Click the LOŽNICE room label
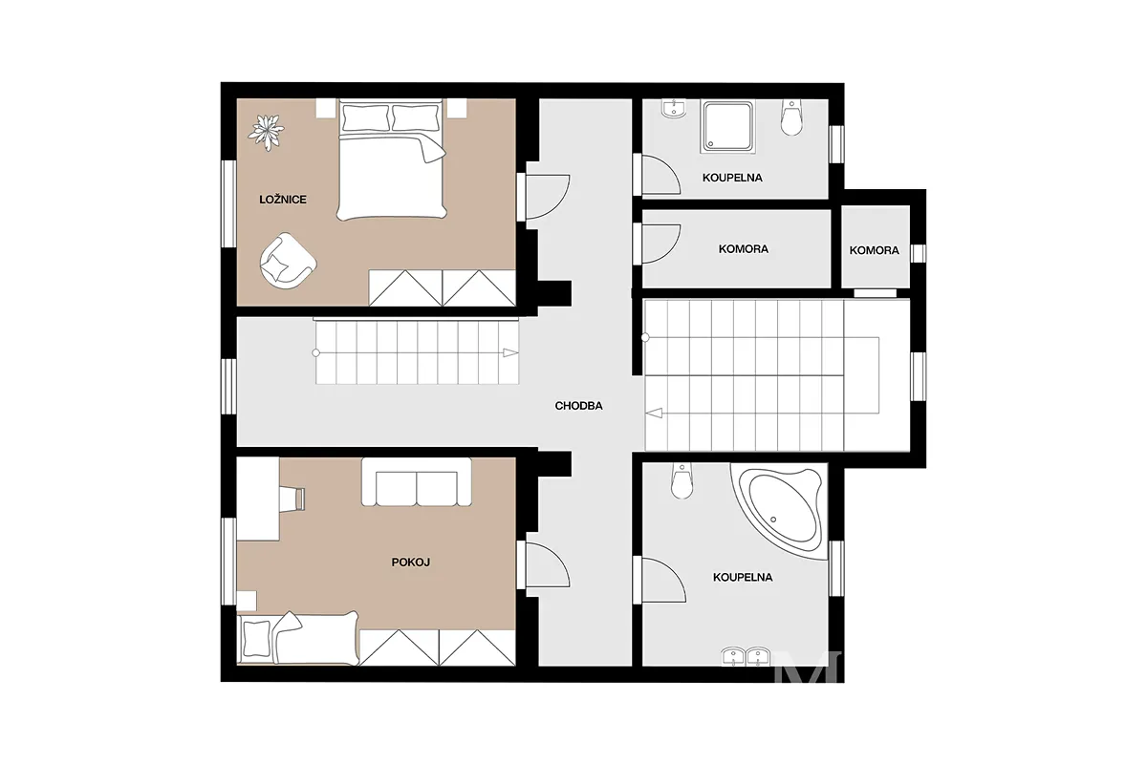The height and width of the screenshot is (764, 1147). tap(283, 200)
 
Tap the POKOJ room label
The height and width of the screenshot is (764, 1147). tap(411, 562)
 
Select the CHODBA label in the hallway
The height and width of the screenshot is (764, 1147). tap(578, 406)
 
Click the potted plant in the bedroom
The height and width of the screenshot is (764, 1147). tap(266, 133)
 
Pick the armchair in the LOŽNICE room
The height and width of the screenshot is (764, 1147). tap(288, 261)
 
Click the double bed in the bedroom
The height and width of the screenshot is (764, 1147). tap(391, 159)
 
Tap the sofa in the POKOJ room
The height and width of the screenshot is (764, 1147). tap(417, 482)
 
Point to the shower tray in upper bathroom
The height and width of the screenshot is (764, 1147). tap(727, 126)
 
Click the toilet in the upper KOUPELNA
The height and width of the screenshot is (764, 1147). tap(791, 118)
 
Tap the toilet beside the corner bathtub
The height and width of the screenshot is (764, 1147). tap(682, 481)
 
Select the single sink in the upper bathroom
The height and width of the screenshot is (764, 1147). tap(675, 109)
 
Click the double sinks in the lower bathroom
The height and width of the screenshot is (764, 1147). tap(747, 656)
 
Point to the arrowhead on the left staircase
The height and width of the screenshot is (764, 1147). tap(510, 352)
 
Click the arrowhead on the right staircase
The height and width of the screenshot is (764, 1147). tap(654, 413)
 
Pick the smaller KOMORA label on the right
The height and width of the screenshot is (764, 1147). tap(874, 251)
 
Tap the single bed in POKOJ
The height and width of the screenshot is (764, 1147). tap(298, 638)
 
